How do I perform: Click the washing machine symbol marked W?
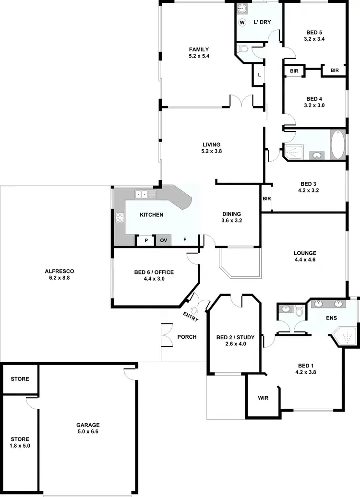(242, 23)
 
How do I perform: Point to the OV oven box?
(163, 240)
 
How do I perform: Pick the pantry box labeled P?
(145, 240)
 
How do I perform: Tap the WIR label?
(263, 398)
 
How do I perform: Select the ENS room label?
(331, 318)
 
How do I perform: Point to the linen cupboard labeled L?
(259, 74)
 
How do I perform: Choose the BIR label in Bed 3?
(267, 199)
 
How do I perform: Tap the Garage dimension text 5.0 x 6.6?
(88, 432)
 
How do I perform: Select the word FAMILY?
(199, 49)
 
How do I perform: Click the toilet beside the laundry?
(243, 48)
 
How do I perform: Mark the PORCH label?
(187, 337)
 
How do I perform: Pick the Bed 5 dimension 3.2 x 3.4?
(314, 39)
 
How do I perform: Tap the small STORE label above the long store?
(20, 379)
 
